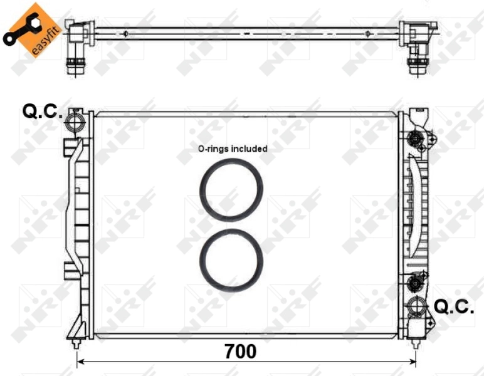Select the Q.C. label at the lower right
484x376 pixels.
[454, 306]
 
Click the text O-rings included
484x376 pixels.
[233, 149]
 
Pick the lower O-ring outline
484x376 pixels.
[231, 259]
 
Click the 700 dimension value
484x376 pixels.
[240, 352]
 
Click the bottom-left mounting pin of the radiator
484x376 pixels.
[76, 344]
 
